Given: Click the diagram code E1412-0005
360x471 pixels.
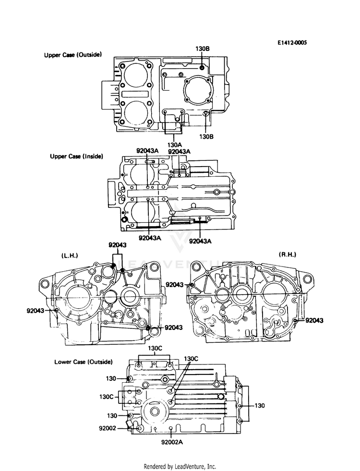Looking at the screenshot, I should click(291, 43).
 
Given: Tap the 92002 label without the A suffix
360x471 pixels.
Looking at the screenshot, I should click(108, 427).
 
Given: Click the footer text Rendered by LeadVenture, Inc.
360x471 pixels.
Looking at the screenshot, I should click(180, 466).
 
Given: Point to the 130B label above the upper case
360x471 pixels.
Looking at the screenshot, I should click(202, 49).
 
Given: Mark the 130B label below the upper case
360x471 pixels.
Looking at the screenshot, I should click(206, 136).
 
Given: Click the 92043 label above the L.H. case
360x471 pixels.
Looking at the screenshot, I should click(117, 245).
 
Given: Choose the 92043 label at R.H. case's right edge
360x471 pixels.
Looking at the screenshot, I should click(314, 320).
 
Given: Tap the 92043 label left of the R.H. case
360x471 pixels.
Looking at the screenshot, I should click(175, 285).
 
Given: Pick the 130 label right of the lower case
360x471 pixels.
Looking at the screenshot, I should click(259, 406).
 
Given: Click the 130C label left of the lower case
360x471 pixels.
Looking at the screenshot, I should click(106, 397).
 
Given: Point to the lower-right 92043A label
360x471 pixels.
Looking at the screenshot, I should click(201, 241).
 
